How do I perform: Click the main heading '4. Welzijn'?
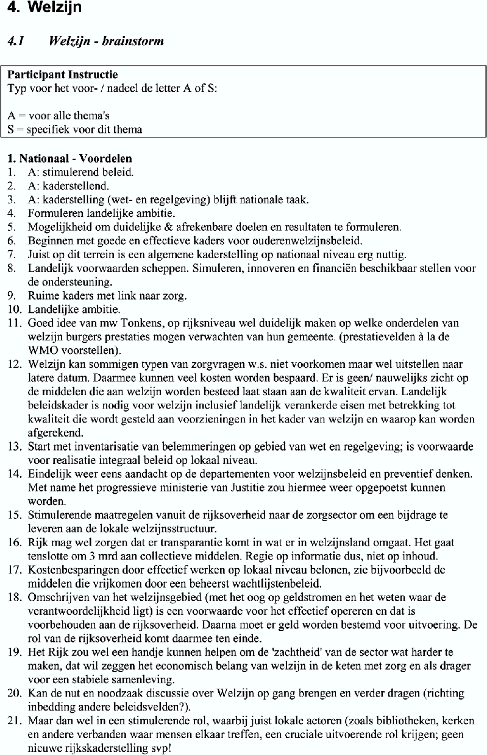(41, 9)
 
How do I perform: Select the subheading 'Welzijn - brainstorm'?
(107, 41)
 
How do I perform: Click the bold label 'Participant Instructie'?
(62, 75)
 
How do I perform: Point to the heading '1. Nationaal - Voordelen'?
(69, 158)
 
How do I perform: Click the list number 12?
(13, 365)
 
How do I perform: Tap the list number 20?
(13, 694)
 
